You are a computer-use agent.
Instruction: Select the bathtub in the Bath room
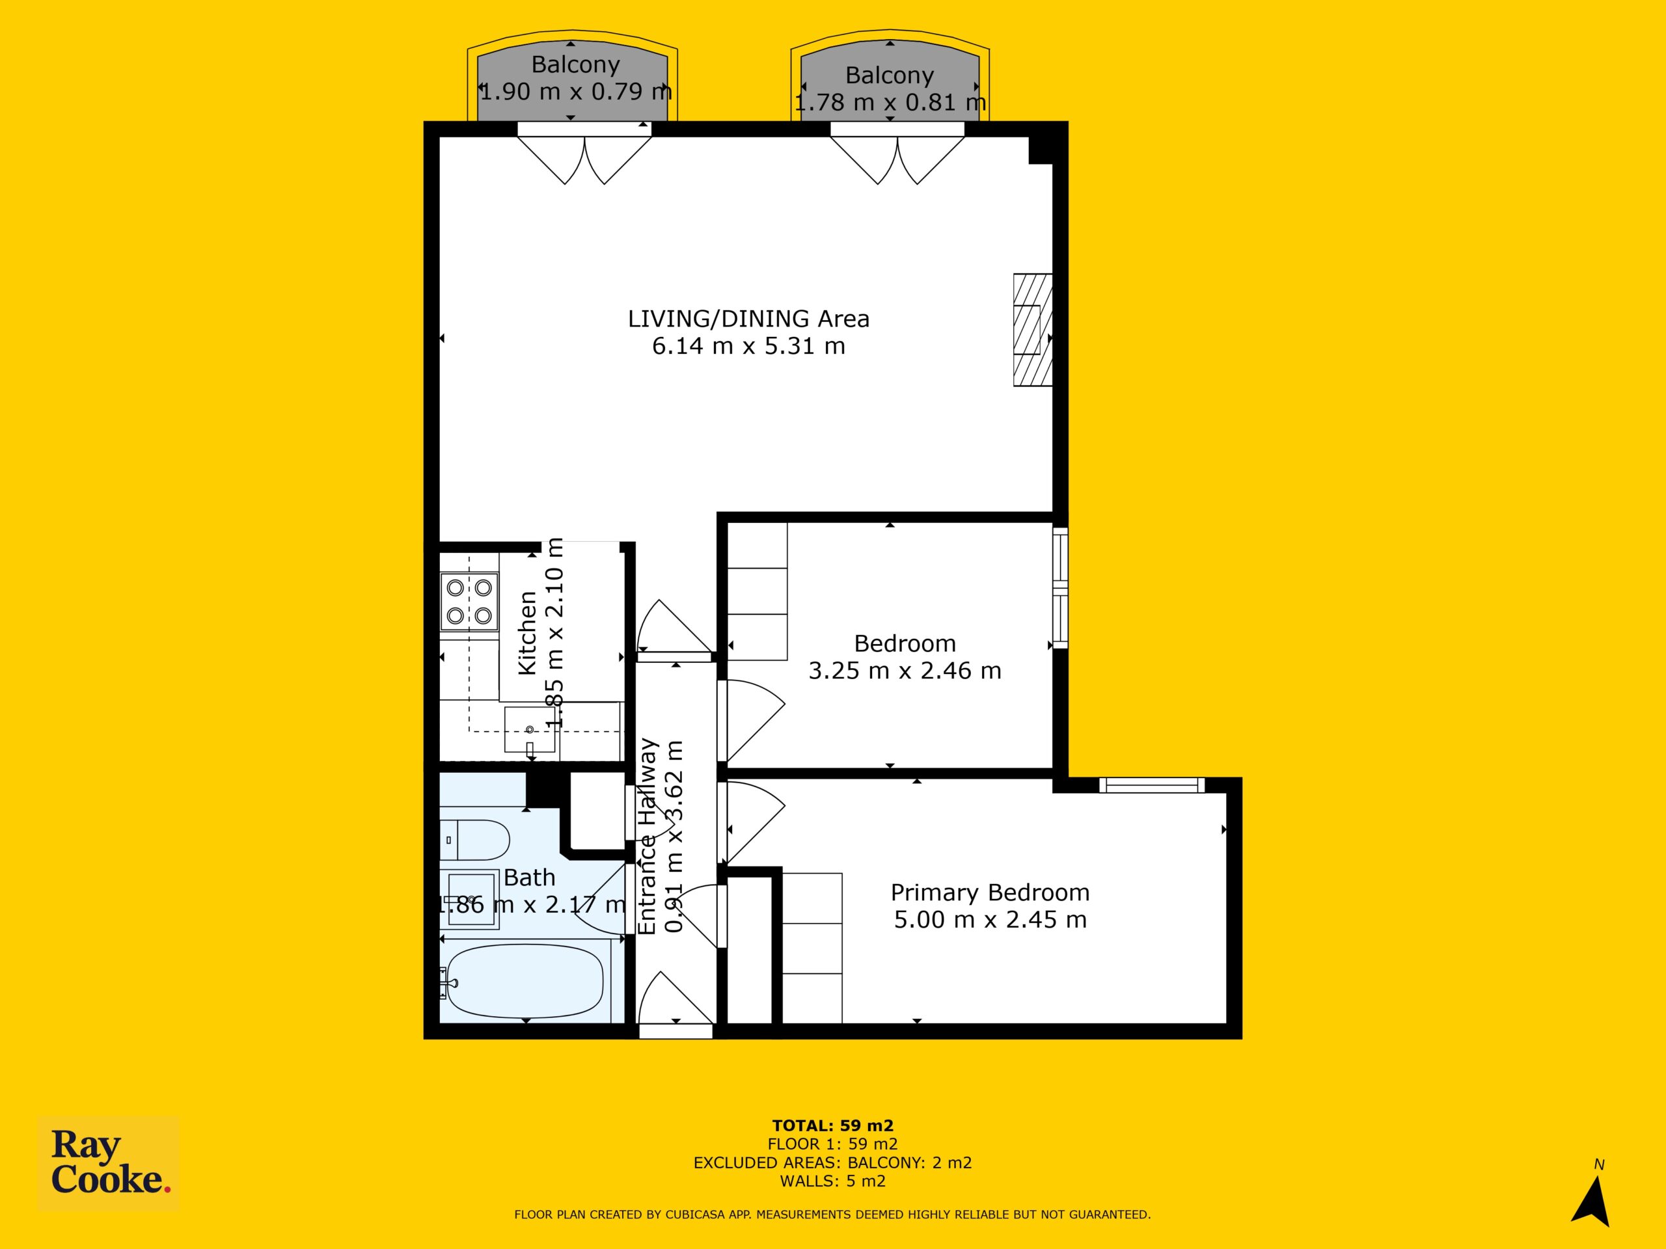pos(525,982)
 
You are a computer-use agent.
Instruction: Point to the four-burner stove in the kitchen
pos(469,601)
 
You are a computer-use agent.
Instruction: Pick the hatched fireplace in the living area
pos(1033,330)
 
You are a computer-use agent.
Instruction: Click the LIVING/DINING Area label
pos(748,319)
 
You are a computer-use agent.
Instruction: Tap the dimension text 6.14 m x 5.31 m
pos(748,346)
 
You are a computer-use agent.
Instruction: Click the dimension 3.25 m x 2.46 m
pos(905,670)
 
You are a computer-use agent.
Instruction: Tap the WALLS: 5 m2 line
pos(833,1181)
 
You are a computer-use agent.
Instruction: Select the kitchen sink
pos(530,729)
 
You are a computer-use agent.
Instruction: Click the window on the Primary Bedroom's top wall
pos(1152,785)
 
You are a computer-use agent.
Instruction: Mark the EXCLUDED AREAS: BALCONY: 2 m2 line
pos(833,1163)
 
